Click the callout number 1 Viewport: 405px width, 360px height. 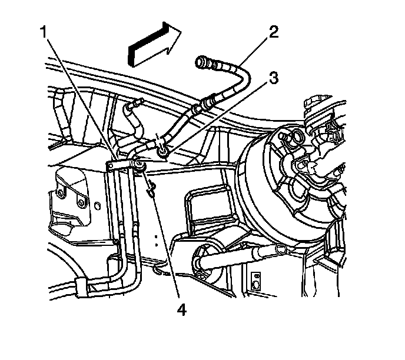[x=44, y=33]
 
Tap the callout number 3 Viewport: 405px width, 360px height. [x=273, y=78]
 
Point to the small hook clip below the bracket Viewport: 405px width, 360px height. [x=152, y=188]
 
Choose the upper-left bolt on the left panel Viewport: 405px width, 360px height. [x=61, y=193]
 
